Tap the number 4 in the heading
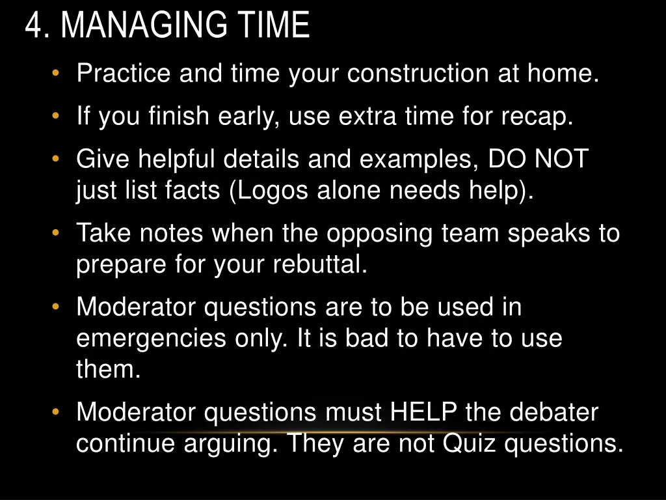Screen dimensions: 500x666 click(34, 26)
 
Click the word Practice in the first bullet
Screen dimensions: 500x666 click(124, 74)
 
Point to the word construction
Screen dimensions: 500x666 click(417, 74)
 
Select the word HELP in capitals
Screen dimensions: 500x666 click(425, 412)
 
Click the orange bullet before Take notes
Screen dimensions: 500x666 click(57, 232)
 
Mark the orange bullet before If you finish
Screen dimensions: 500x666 click(57, 117)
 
